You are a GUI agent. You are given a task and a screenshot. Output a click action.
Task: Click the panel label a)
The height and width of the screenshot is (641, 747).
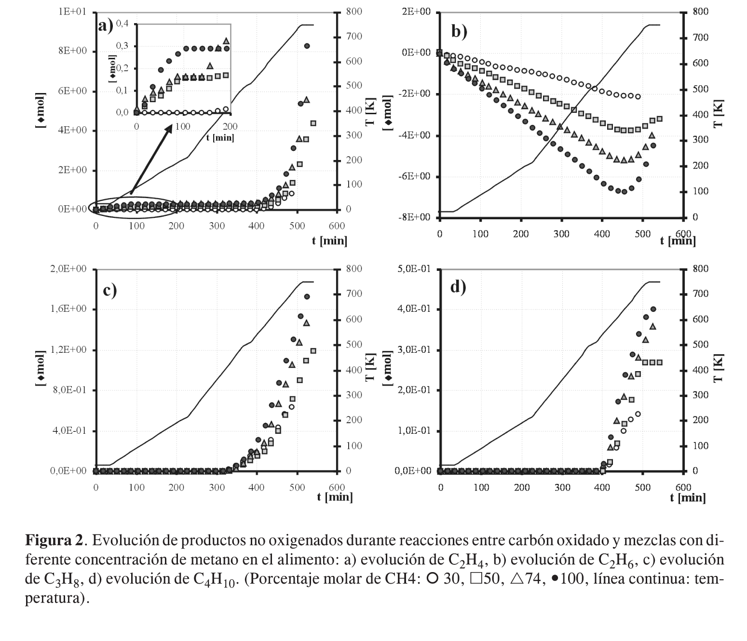106,25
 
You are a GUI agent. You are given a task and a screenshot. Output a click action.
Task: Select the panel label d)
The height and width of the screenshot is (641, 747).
458,287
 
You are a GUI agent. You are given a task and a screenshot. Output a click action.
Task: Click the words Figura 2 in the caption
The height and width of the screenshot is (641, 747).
54,540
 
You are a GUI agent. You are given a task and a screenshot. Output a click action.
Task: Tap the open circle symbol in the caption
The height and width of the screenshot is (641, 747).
433,579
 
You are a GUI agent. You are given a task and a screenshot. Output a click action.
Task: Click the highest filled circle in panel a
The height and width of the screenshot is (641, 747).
307,46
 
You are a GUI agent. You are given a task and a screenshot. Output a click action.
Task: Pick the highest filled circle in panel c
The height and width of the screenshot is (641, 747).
307,297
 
